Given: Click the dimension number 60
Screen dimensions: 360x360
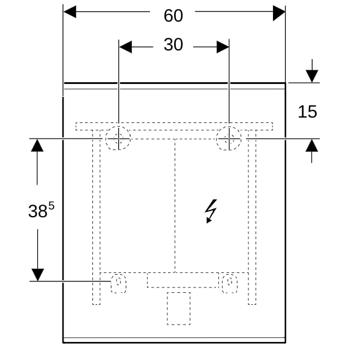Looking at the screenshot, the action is point(173,16).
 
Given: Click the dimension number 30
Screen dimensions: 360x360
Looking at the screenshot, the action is point(173,44).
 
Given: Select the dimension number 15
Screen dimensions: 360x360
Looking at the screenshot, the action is point(307,112).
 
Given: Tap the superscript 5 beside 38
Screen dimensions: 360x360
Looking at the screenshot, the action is point(52,206).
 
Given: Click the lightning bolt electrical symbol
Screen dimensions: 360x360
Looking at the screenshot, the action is point(211,211).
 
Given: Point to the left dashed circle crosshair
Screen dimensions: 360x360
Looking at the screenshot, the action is point(118,139).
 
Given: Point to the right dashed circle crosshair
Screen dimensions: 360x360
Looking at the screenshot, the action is point(229,139).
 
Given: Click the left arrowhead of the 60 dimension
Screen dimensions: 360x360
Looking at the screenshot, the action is point(70,11).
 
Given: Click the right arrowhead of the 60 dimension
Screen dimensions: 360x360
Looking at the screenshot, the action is point(279,13).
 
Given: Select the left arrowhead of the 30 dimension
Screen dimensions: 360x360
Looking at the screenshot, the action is point(125,47).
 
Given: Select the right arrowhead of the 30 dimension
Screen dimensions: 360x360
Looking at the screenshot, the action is point(223,47).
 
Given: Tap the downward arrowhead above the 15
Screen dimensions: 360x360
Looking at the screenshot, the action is point(312,76).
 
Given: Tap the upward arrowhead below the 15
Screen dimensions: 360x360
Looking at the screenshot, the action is point(312,146).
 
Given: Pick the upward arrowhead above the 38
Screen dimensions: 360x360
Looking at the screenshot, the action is point(37,145).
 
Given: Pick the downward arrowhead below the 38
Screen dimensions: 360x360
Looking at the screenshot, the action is point(38,275).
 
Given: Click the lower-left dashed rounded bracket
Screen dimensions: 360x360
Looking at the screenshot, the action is point(118,283).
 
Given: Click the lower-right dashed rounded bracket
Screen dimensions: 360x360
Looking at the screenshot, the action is point(230,283).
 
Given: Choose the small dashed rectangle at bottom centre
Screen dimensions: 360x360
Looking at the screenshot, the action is point(179,308).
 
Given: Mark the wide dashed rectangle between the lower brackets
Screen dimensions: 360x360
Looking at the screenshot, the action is point(183,280).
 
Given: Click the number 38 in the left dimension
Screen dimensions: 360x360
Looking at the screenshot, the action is point(38,211).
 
